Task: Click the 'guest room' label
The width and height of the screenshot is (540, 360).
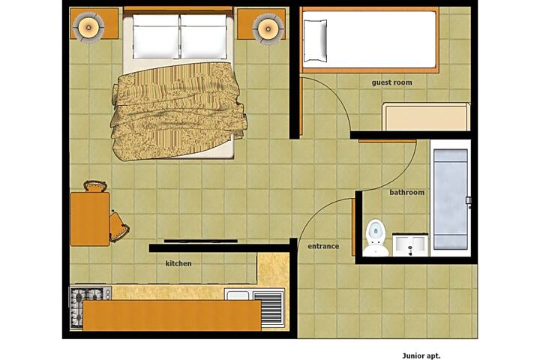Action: (x=391, y=82)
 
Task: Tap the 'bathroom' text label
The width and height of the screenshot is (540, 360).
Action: (x=406, y=193)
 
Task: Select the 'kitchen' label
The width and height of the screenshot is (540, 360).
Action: (x=178, y=263)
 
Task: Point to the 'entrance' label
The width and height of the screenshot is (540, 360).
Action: (x=323, y=246)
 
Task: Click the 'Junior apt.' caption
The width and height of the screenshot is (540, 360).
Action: (x=424, y=349)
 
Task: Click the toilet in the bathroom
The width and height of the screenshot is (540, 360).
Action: (x=374, y=238)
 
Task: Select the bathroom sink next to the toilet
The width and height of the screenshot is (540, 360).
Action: (x=410, y=244)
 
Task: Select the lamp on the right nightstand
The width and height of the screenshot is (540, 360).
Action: (x=268, y=28)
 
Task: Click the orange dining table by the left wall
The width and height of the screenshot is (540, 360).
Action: (x=89, y=218)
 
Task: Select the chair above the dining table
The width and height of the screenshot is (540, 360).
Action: (x=94, y=186)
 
